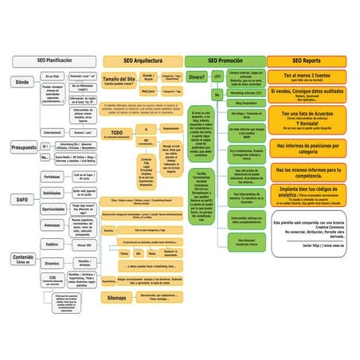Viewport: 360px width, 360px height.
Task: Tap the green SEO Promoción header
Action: tap(225, 61)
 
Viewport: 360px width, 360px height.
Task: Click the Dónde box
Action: tap(22, 82)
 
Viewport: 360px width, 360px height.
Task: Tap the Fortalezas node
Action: tap(52, 177)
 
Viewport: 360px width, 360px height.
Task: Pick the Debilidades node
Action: tap(52, 194)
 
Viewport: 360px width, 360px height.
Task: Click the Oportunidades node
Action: tap(53, 209)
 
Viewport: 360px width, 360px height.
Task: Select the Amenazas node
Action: tap(52, 225)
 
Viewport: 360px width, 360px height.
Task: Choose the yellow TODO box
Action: tap(118, 134)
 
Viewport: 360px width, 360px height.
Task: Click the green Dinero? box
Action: tap(197, 77)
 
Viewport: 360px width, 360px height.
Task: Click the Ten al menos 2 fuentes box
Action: tap(307, 77)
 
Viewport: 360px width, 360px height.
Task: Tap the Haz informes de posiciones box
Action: tap(307, 148)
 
